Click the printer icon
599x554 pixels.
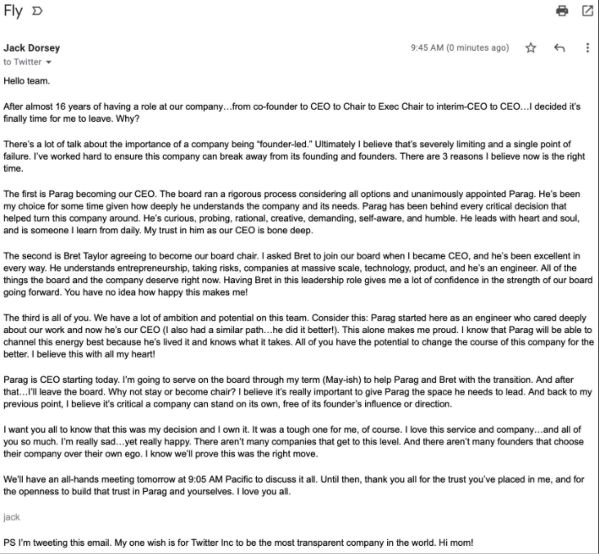coord(561,11)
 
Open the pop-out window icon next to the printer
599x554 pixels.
coord(587,11)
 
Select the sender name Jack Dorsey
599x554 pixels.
coord(32,47)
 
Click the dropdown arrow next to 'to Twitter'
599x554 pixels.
coord(49,62)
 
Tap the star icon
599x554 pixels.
coord(530,48)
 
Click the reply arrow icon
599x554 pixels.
coord(560,48)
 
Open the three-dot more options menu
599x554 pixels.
coord(587,48)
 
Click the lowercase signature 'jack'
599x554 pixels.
coord(11,517)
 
